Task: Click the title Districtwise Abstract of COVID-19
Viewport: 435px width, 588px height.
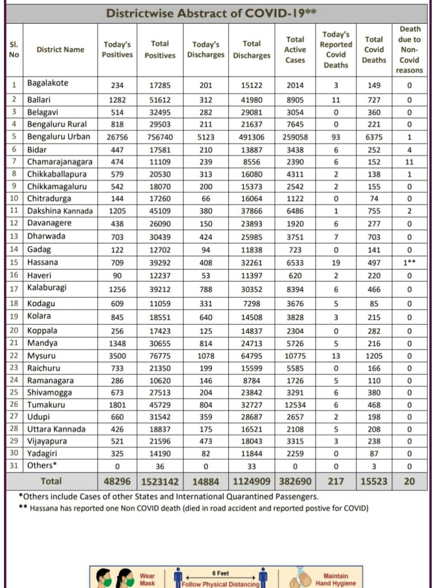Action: point(211,13)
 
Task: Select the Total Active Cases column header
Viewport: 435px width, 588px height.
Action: point(295,50)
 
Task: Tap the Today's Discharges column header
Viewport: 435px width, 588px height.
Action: point(206,50)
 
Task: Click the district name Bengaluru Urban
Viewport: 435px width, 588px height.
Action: point(59,136)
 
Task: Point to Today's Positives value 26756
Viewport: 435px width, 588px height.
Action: point(117,137)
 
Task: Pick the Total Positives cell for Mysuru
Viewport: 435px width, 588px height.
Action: point(160,356)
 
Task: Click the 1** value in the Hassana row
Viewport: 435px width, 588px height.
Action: point(409,263)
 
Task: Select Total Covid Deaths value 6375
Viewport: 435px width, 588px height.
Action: point(374,137)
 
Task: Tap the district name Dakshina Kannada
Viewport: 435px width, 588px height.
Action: point(60,211)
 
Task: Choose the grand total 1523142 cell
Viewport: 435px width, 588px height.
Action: point(160,481)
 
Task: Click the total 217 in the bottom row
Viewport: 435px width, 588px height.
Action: point(336,481)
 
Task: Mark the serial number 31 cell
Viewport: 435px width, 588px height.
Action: point(14,466)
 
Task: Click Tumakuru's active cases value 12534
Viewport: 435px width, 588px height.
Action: point(295,405)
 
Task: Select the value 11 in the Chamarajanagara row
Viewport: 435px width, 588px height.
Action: point(409,162)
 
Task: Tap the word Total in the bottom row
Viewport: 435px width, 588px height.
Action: point(51,481)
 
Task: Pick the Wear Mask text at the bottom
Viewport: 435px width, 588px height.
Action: point(147,579)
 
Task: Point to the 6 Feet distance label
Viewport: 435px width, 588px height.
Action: point(221,573)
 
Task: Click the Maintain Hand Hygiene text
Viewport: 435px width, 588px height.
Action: point(335,579)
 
